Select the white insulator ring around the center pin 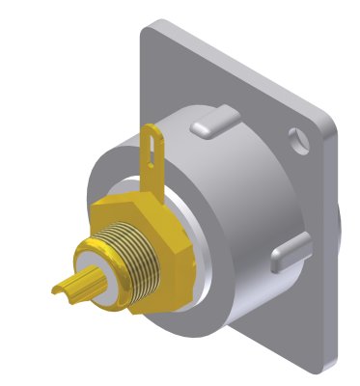(x=105, y=280)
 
